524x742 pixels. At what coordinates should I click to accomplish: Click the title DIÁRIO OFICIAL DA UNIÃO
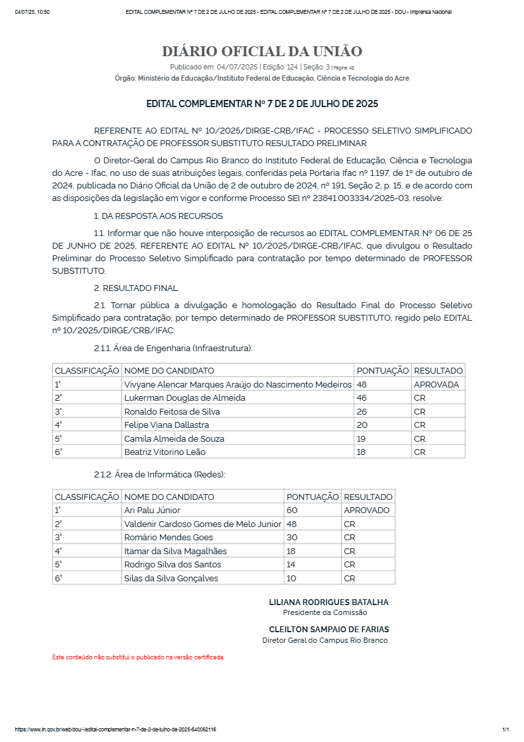[x=262, y=52]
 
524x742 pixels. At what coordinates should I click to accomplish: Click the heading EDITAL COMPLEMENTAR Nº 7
[x=262, y=104]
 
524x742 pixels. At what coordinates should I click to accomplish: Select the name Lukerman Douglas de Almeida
[x=184, y=397]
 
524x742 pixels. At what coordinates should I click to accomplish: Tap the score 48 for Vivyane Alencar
[x=362, y=384]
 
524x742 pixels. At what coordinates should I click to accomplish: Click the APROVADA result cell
[x=436, y=384]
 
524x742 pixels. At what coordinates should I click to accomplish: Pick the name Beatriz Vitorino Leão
[x=165, y=452]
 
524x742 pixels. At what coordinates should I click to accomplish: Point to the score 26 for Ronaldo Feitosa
[x=362, y=411]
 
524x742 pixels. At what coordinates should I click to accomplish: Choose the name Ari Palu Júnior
[x=152, y=510]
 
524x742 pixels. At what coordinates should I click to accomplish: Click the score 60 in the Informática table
[x=292, y=510]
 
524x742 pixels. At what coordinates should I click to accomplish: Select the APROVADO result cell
[x=367, y=510]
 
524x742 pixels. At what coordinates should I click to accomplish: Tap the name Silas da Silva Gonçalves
[x=170, y=578]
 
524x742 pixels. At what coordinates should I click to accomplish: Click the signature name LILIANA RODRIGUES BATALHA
[x=328, y=602]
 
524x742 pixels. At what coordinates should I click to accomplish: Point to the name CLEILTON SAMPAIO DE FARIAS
[x=328, y=630]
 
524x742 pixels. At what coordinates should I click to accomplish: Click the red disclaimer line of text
[x=138, y=657]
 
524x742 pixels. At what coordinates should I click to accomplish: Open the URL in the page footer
[x=115, y=729]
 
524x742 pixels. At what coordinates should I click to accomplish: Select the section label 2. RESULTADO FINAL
[x=135, y=288]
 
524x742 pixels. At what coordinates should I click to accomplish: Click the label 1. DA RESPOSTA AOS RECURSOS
[x=158, y=216]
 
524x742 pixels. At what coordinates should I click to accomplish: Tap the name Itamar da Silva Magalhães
[x=175, y=551]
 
